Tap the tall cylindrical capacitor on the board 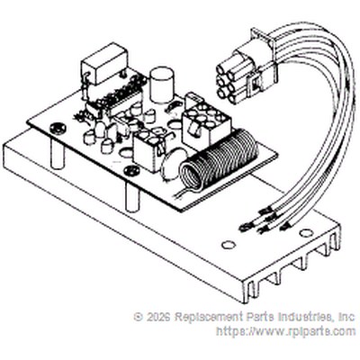click(x=161, y=85)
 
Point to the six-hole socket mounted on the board click(x=205, y=120)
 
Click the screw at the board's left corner click(x=57, y=129)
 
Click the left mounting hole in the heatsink click(x=229, y=245)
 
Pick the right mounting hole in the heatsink click(x=306, y=233)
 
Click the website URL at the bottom click(x=286, y=331)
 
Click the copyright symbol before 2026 click(x=139, y=317)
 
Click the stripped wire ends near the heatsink click(x=264, y=222)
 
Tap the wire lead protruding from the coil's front click(x=184, y=193)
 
